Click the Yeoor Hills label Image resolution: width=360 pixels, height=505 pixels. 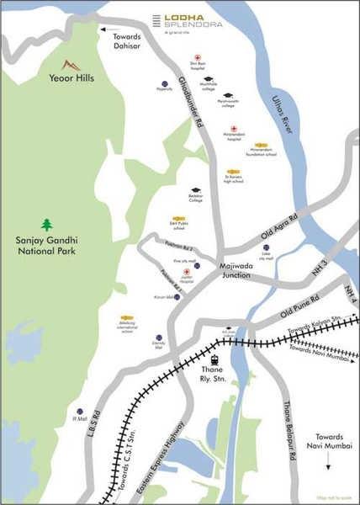pos(71,78)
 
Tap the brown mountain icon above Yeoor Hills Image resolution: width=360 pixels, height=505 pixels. pos(72,65)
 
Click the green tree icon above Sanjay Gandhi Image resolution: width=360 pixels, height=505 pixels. pos(46,224)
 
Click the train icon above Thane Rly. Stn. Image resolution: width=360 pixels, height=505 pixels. pos(214,359)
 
